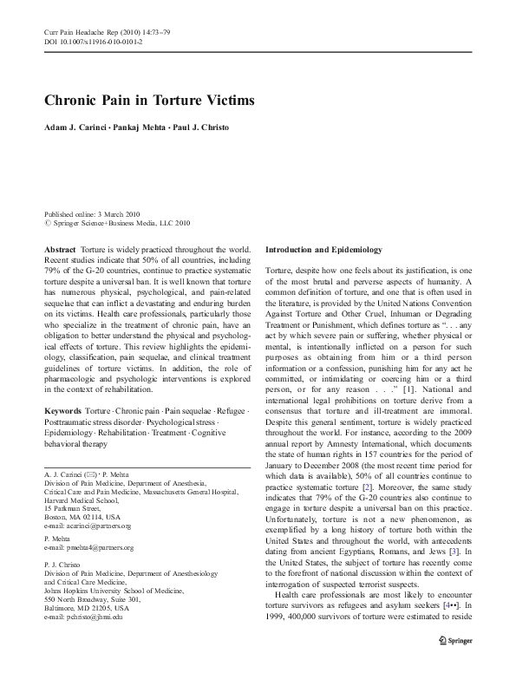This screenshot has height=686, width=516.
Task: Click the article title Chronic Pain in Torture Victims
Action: (x=149, y=99)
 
